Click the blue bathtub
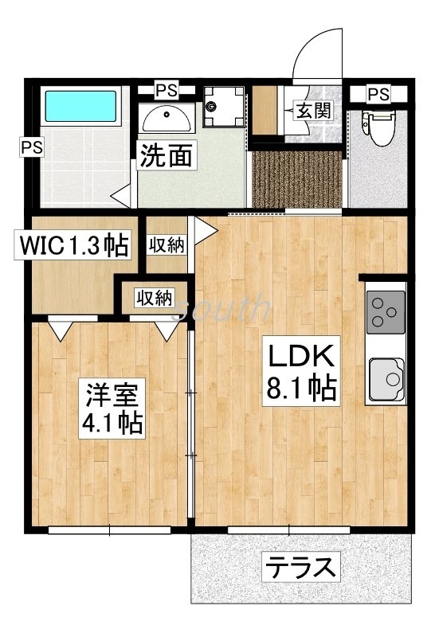coord(80,106)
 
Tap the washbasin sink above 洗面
coord(166,119)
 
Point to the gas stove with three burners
coord(386,314)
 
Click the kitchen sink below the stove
coord(386,378)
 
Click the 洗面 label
coord(166,156)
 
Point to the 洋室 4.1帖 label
coord(112,408)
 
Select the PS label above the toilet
coord(379,94)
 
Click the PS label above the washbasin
coord(167,88)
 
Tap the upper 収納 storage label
coord(166,245)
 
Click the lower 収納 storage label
coord(153,299)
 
